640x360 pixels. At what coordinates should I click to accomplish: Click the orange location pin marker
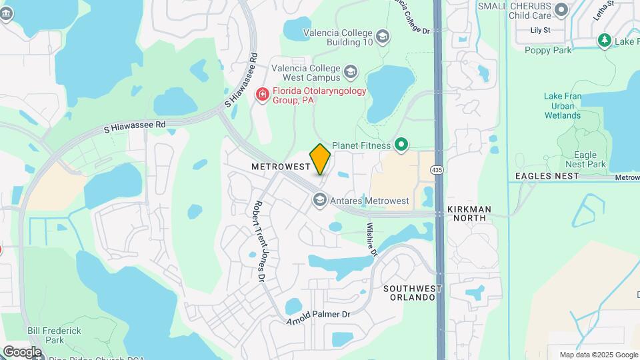click(320, 159)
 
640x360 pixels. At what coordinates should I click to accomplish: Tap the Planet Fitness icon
click(401, 144)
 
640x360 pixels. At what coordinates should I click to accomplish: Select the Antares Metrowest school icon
click(320, 200)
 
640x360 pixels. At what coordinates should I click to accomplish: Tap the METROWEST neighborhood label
click(281, 165)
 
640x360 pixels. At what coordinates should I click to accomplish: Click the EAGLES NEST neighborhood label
click(547, 176)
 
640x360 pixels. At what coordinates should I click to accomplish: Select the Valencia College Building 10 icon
click(383, 37)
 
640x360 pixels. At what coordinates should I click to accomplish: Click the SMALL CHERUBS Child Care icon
click(561, 10)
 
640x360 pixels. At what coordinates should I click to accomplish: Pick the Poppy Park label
click(548, 50)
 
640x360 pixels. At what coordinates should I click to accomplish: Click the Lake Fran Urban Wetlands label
click(562, 106)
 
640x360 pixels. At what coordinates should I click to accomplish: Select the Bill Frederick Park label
click(55, 335)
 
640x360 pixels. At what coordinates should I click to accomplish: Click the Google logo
click(22, 352)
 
